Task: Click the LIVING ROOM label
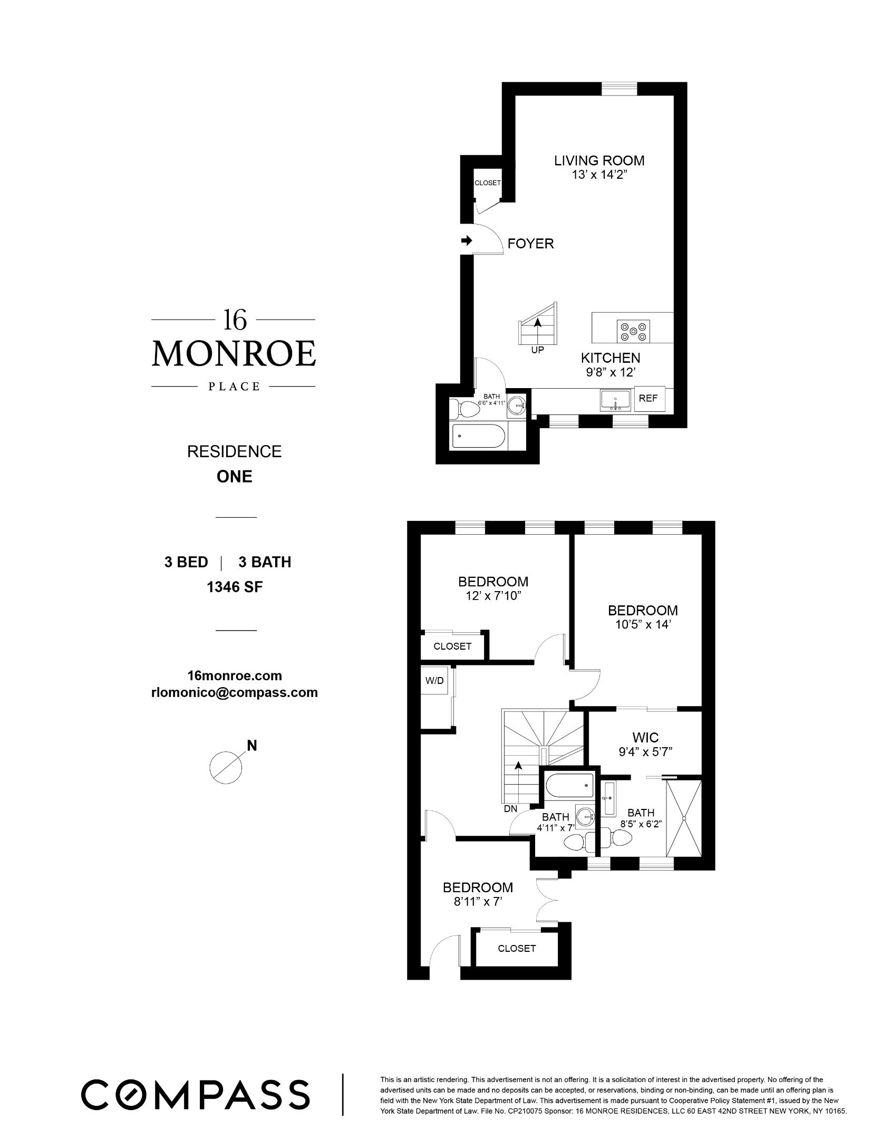pos(599,160)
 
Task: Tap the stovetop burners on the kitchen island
pos(633,332)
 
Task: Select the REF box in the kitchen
pos(648,399)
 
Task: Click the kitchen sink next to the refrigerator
pos(615,400)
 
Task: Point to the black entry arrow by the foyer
pos(467,241)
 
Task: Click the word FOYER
pos(530,244)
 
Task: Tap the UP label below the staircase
pos(537,350)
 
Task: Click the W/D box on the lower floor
pos(434,681)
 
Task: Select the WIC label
pos(646,738)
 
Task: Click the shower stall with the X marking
pos(684,818)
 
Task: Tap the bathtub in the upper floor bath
pos(478,436)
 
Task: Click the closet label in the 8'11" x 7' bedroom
pos(517,949)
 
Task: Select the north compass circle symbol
pos(226,767)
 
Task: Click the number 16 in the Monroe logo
pos(234,320)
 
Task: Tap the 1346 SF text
pos(235,587)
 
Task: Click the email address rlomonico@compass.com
pos(235,692)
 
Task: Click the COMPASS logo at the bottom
pos(195,1095)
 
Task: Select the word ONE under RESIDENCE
pos(235,477)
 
